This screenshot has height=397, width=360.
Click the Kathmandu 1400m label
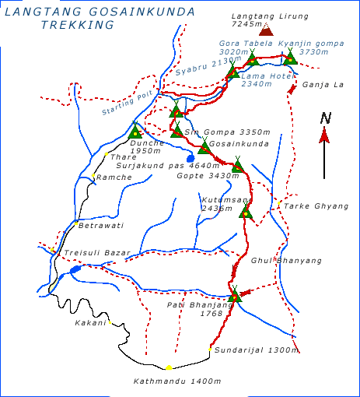(x=178, y=381)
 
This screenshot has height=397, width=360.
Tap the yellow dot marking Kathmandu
(x=169, y=367)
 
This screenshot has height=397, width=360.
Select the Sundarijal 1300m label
(x=257, y=350)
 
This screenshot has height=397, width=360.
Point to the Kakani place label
(x=89, y=322)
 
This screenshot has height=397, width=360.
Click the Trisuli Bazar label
(x=91, y=254)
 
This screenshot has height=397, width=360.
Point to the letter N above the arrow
(x=326, y=118)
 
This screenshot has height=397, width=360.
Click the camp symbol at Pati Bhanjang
(x=235, y=295)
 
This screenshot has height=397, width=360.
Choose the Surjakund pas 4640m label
(x=168, y=165)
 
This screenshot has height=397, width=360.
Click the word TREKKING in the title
(x=76, y=25)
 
